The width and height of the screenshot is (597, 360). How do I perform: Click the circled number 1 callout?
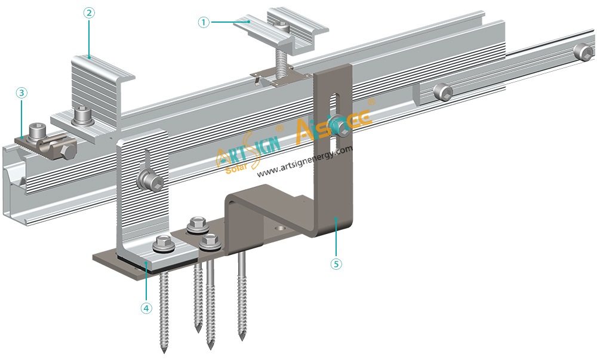pyautogui.click(x=204, y=22)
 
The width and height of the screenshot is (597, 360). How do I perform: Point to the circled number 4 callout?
pyautogui.click(x=146, y=309)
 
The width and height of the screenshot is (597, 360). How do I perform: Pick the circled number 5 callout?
pyautogui.click(x=337, y=263)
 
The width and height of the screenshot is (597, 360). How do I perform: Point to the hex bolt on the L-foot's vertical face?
pyautogui.click(x=146, y=180)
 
